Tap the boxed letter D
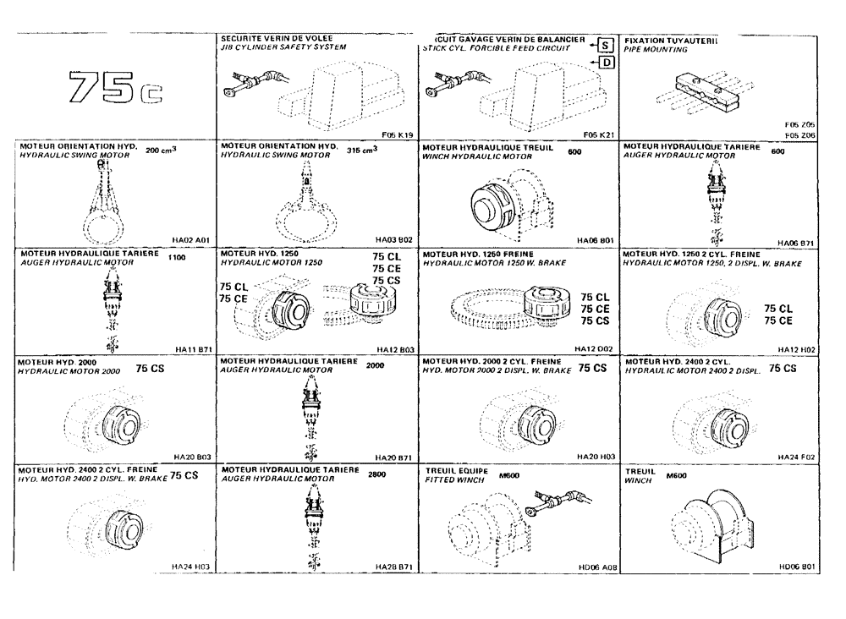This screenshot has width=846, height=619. (604, 63)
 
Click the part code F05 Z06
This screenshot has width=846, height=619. (799, 135)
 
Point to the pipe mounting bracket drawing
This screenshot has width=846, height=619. (709, 90)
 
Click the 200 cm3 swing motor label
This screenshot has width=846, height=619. (162, 150)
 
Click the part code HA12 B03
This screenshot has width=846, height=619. (394, 348)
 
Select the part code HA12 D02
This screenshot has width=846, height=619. (596, 348)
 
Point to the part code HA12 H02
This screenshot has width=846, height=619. (798, 348)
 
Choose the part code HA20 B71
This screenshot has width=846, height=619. (394, 457)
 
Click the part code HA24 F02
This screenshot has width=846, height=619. (798, 457)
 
